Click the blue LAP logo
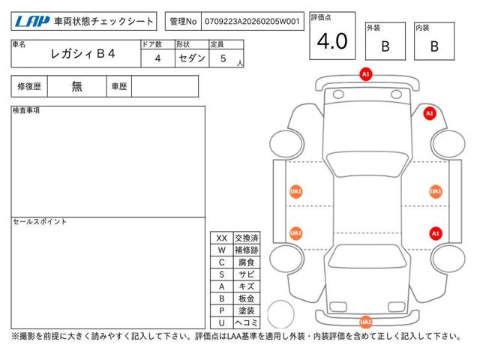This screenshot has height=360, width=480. tap(32, 22)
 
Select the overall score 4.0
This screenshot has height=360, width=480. tap(332, 41)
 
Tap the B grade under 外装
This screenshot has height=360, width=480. tap(385, 46)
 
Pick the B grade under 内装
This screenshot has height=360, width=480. tap(434, 46)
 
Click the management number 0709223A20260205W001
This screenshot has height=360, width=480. tap(252, 22)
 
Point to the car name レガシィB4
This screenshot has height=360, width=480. tap(82, 54)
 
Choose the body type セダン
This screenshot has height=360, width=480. tap(192, 58)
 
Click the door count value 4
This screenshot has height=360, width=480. tap(157, 58)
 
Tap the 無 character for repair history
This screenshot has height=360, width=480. tap(76, 87)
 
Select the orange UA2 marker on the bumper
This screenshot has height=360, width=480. tap(365, 322)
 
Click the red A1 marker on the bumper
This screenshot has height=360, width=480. tap(366, 74)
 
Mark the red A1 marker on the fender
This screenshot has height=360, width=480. tap(430, 113)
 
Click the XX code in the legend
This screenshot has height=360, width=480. tap(222, 238)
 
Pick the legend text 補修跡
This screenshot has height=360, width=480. tap(247, 250)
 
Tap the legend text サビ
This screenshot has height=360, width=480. tap(247, 274)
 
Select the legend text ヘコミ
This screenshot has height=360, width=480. tap(247, 322)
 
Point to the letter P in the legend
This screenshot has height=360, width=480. tap(222, 310)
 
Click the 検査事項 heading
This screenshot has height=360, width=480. tap(26, 110)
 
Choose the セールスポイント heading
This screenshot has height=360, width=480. tap(40, 222)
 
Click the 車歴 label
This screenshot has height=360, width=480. tap(119, 87)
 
